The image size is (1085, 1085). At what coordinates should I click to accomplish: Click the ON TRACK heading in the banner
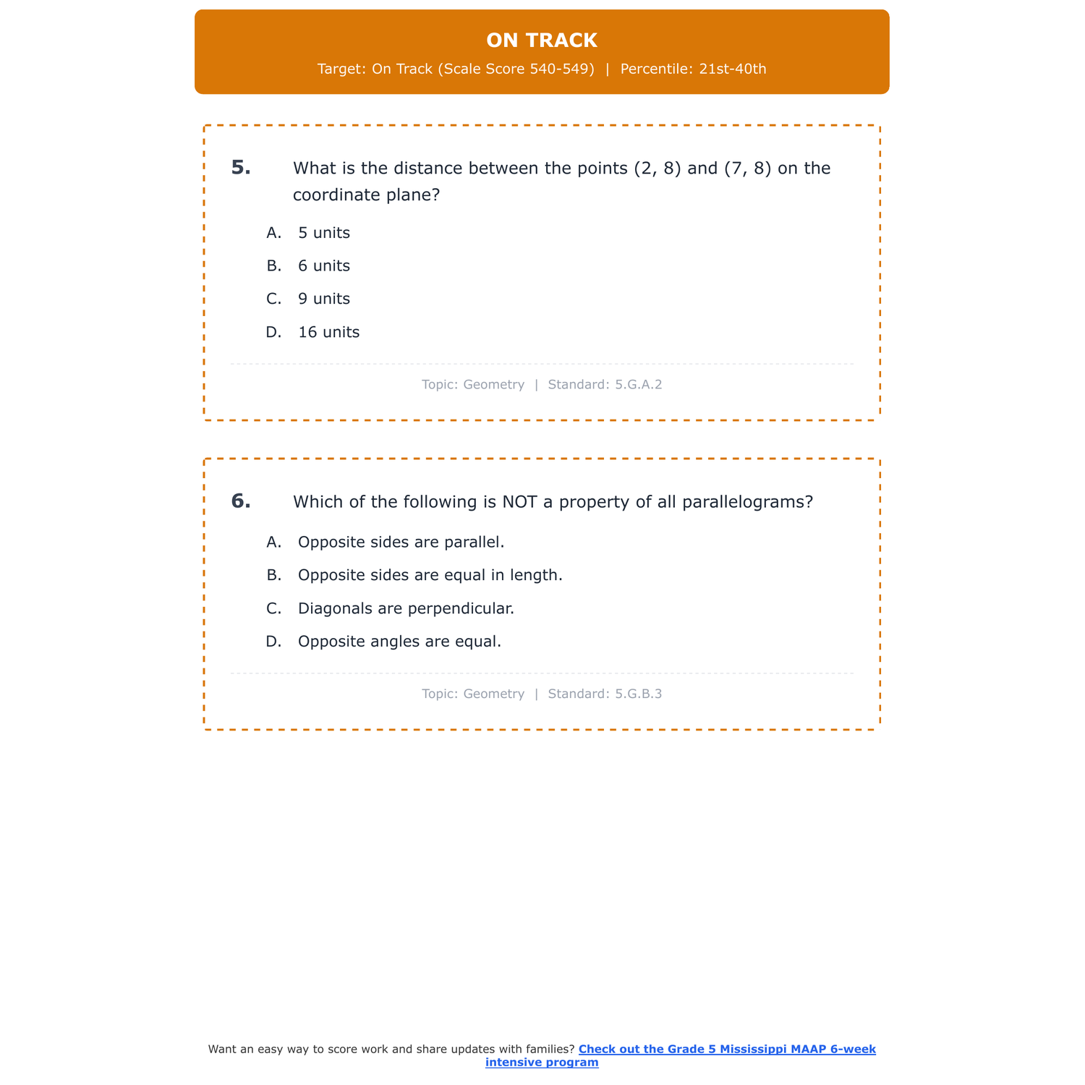click(542, 41)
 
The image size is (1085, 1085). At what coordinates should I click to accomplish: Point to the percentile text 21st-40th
click(732, 69)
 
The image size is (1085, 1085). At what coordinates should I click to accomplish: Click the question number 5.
click(241, 168)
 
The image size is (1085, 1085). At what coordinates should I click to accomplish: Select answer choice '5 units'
click(323, 233)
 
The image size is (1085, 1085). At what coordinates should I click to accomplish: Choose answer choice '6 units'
click(323, 266)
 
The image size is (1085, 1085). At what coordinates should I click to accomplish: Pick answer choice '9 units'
click(323, 299)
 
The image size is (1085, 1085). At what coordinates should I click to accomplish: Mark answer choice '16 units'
click(328, 333)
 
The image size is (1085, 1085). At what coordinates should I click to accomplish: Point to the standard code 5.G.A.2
click(638, 385)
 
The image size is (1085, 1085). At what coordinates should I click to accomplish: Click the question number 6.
click(241, 501)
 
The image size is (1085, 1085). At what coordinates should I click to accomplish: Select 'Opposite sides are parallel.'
click(401, 542)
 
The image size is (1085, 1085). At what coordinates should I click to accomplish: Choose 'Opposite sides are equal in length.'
click(430, 576)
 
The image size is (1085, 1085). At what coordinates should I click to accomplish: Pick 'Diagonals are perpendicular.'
click(406, 609)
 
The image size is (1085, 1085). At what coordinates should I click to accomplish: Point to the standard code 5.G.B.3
click(638, 694)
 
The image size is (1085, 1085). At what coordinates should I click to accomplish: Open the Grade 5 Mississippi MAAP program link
click(726, 1050)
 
